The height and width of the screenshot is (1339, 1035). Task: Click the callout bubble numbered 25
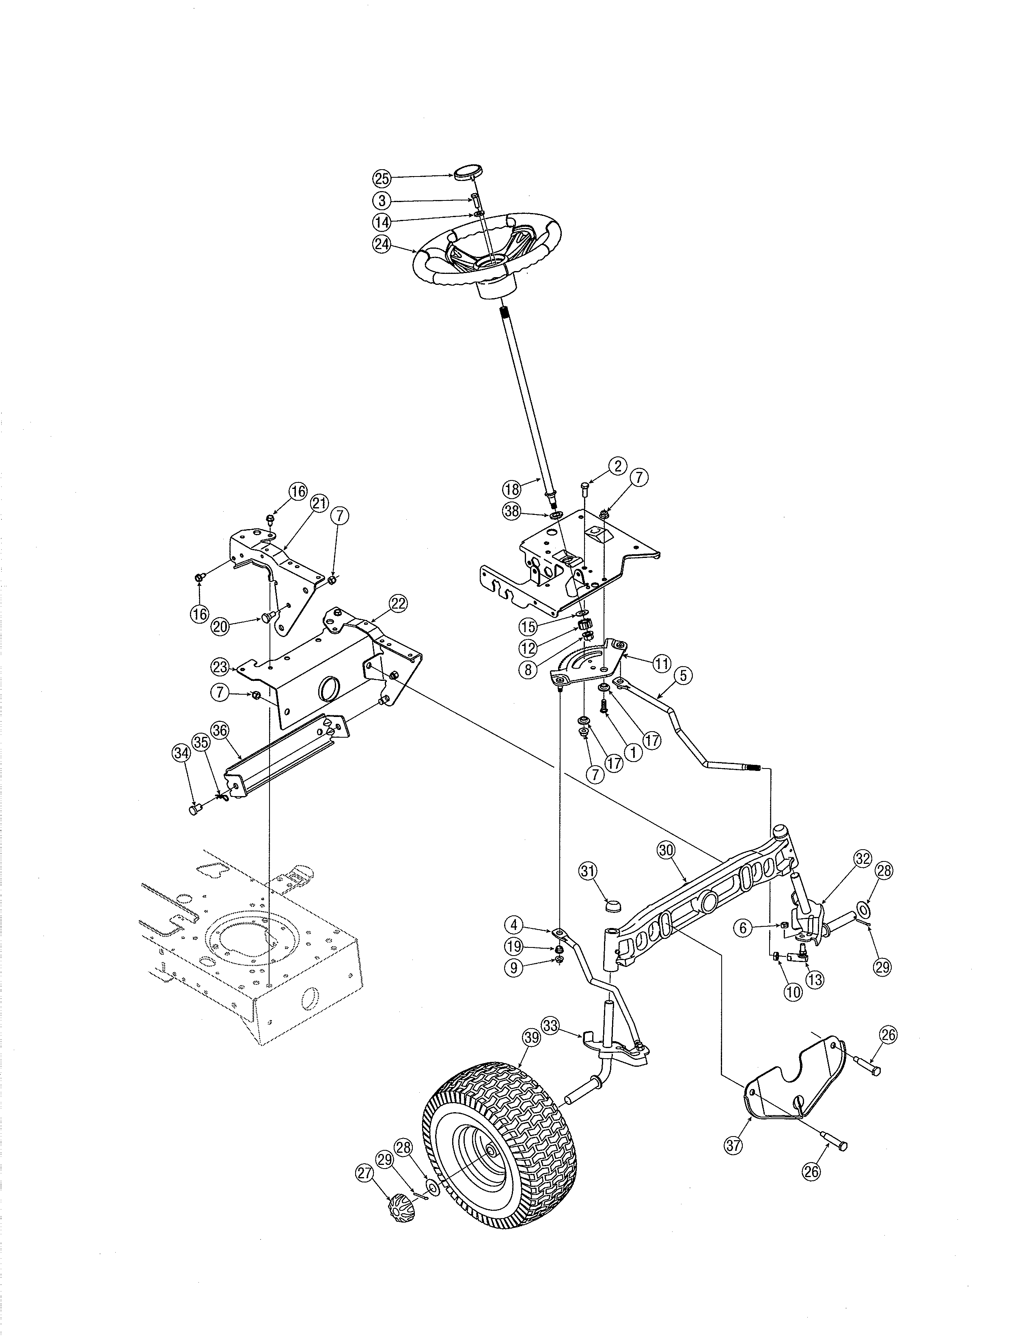[382, 179]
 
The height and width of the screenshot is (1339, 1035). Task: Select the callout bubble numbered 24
[382, 244]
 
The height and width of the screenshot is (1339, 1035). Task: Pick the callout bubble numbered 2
[617, 466]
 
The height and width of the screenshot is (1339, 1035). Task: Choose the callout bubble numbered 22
[398, 603]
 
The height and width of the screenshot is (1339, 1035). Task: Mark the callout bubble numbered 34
[180, 754]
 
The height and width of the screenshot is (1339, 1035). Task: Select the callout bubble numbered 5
[684, 676]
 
